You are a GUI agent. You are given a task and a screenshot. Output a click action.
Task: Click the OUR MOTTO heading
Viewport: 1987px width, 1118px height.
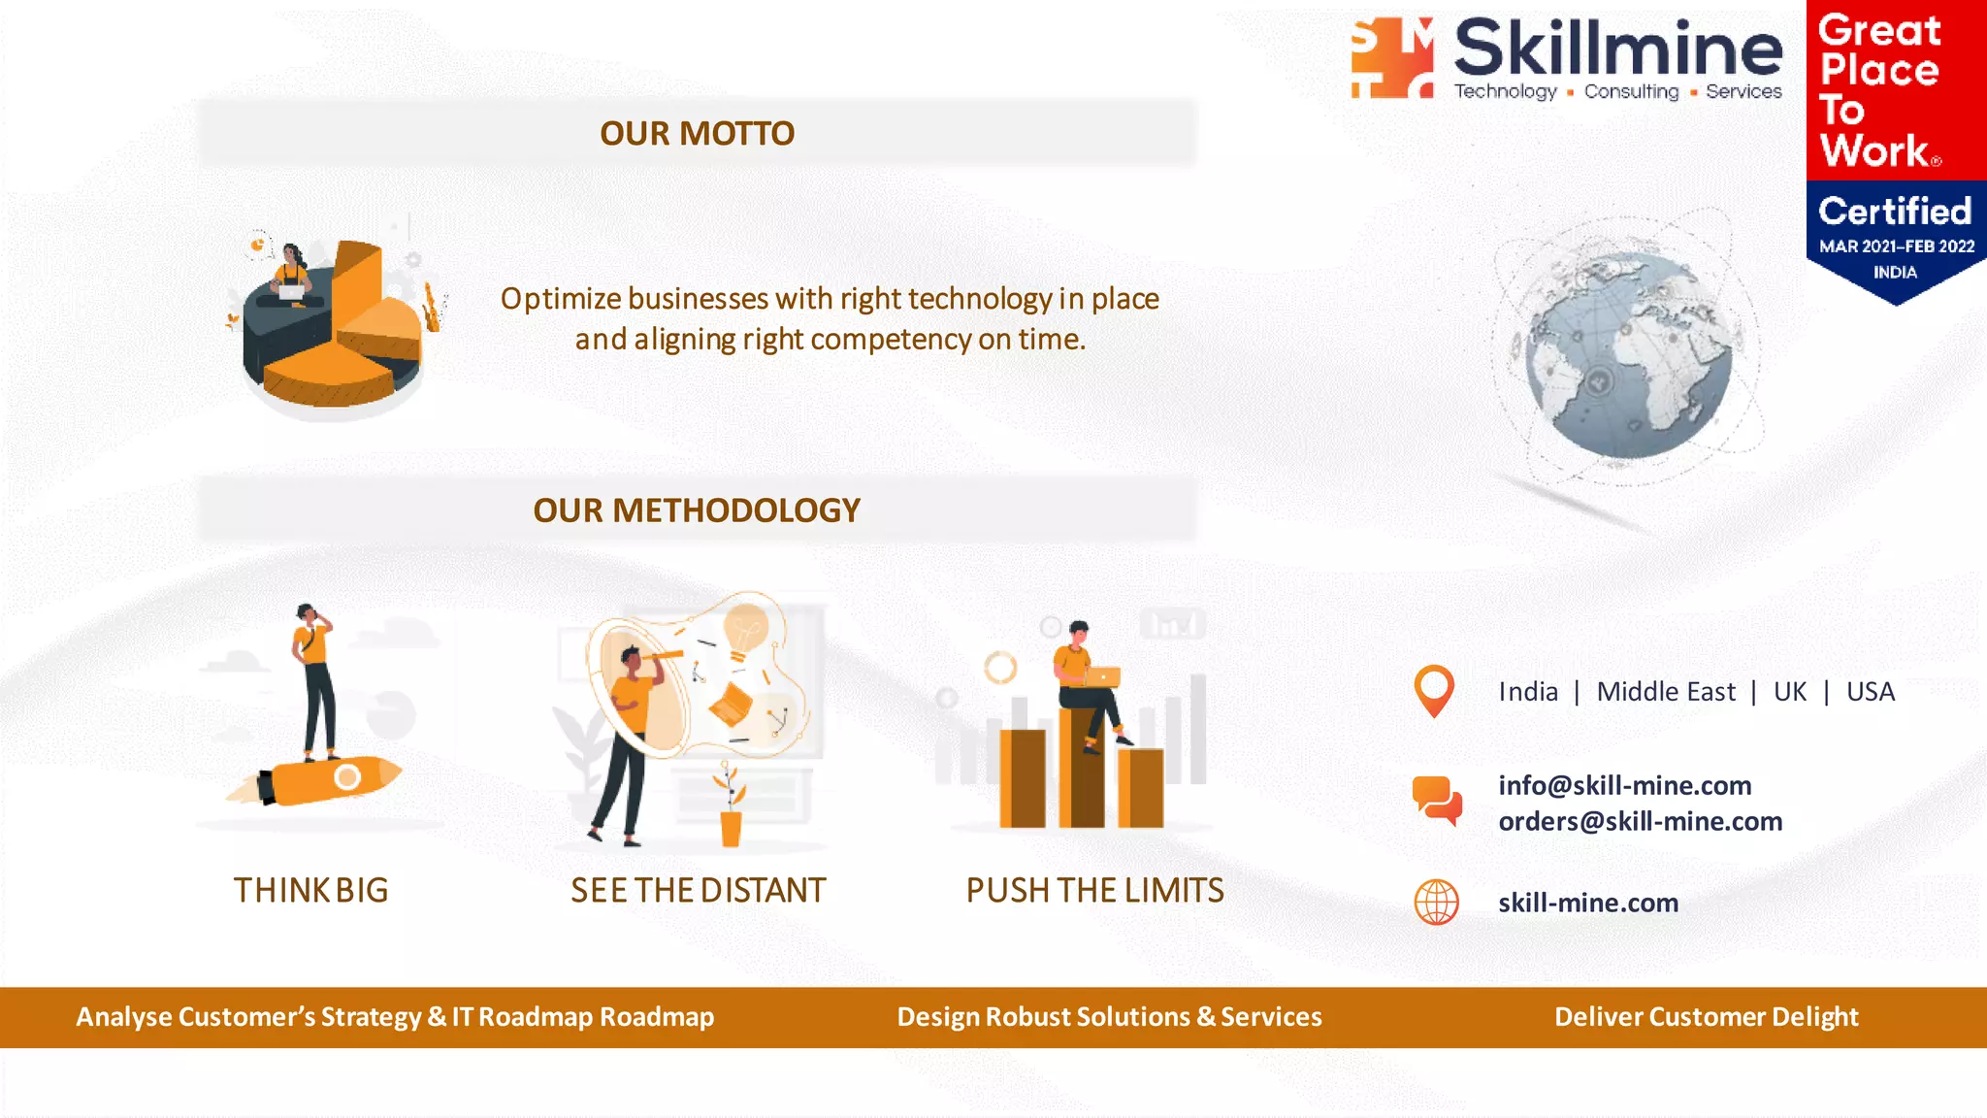[x=697, y=133]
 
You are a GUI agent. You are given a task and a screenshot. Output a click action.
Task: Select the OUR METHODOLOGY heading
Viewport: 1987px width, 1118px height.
[x=697, y=510]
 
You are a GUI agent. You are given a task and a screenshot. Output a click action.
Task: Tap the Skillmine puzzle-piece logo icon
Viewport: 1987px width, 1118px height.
[x=1393, y=58]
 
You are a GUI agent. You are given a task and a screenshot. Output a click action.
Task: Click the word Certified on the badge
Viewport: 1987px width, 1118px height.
[x=1894, y=211]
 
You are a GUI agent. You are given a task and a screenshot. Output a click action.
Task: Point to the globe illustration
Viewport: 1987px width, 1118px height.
[x=1628, y=355]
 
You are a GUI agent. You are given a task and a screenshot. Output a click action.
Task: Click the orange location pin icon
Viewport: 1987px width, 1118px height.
[x=1434, y=690]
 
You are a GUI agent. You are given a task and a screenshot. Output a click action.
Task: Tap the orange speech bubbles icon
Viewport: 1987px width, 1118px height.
[x=1437, y=801]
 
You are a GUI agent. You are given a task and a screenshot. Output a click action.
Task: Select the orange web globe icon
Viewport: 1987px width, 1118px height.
[x=1436, y=903]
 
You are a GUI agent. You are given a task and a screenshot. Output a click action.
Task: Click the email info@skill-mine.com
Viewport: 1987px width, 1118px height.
[x=1624, y=785]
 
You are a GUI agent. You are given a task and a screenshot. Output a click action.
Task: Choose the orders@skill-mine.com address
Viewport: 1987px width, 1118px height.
[x=1640, y=821]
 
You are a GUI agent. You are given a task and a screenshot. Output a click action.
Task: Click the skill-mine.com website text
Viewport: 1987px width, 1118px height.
[x=1588, y=903]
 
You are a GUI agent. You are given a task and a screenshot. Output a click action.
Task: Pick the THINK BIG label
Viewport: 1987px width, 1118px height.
[x=310, y=890]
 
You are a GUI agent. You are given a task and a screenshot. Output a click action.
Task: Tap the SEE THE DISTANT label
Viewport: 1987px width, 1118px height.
[x=698, y=890]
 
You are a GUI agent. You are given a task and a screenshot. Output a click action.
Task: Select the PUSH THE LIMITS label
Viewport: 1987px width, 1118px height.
[x=1094, y=890]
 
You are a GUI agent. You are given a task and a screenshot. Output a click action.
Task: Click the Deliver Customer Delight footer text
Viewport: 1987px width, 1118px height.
[x=1706, y=1017]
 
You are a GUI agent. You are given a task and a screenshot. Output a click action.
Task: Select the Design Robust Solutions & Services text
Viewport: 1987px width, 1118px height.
[x=1109, y=1017]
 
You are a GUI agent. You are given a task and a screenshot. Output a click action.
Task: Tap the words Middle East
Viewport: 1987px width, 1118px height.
[x=1666, y=692]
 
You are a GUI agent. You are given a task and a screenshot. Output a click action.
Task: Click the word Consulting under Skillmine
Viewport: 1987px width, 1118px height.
[x=1631, y=91]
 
